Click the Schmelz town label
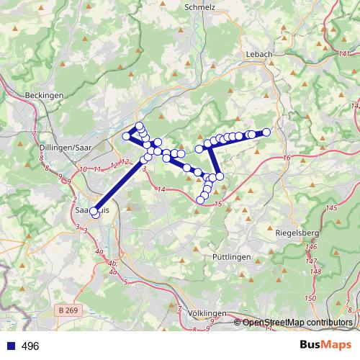tap(200, 6)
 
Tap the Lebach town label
tap(259, 55)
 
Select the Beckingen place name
tap(44, 95)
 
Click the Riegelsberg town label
tap(297, 233)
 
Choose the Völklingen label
tap(206, 314)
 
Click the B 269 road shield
tap(68, 310)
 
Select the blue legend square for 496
tap(11, 346)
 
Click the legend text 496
tap(30, 346)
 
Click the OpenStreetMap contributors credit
tap(297, 322)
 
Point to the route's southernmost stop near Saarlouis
tap(96, 215)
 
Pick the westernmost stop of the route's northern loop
tap(126, 136)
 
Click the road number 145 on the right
tap(331, 208)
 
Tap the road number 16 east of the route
tap(287, 158)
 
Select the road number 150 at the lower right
tap(310, 298)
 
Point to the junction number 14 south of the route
tap(161, 189)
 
